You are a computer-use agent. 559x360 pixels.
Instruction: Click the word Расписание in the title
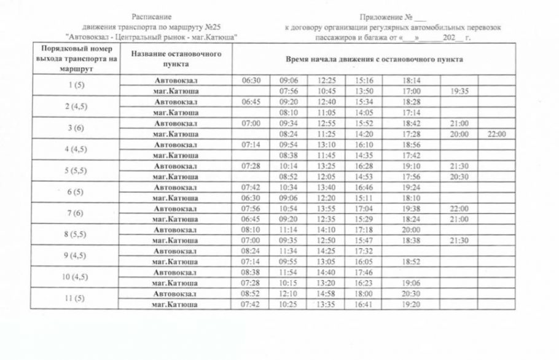[x=152, y=17]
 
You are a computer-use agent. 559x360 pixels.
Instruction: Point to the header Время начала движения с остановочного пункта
[x=374, y=59]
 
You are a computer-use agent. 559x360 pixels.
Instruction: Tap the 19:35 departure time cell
[x=459, y=91]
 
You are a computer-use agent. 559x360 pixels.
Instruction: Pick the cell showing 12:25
[x=327, y=80]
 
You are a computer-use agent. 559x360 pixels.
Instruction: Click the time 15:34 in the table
[x=364, y=102]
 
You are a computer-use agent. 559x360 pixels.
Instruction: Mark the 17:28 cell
[x=411, y=134]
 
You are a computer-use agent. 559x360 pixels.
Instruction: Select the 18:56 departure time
[x=411, y=144]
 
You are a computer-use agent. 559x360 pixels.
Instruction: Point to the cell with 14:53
[x=364, y=176]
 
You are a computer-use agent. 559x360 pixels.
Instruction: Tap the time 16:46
[x=364, y=187]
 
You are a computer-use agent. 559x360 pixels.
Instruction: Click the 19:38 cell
[x=411, y=208]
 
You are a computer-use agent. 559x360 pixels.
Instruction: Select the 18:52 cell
[x=411, y=262]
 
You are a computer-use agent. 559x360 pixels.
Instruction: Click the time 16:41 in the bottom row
[x=364, y=304]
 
